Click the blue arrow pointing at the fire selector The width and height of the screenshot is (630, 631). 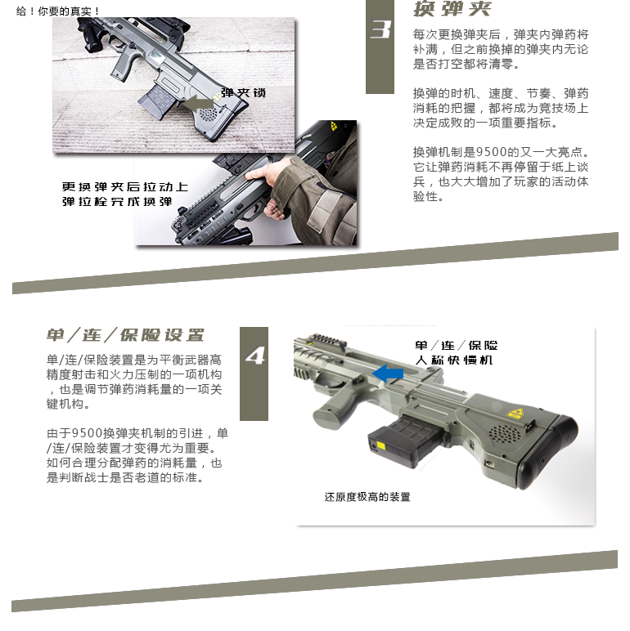pos(388,373)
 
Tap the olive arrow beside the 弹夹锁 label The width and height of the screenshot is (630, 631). pos(197,103)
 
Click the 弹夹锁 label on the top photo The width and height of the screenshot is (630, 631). pos(243,93)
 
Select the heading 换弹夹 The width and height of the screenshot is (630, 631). pos(452,8)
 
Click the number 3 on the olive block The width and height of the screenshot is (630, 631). pos(380,29)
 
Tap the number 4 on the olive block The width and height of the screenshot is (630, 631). pos(254,356)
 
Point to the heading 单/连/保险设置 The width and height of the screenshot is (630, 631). pos(125,335)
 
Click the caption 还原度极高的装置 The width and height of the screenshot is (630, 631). pos(367,497)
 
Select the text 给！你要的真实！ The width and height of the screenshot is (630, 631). pos(58,11)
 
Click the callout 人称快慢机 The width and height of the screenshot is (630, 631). pos(454,360)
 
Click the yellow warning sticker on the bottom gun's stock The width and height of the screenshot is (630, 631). pos(515,414)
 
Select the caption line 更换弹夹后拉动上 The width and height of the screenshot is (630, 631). pos(125,186)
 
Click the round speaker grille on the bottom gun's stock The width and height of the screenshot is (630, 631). pos(504,434)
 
